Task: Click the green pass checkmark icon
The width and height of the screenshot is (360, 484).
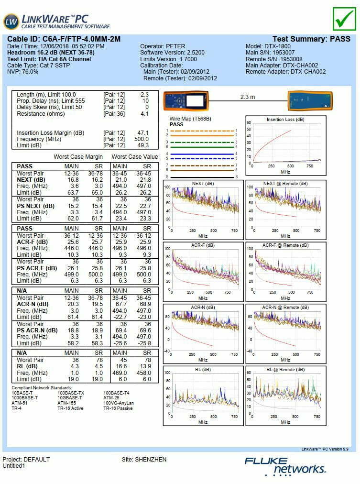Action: [x=344, y=19]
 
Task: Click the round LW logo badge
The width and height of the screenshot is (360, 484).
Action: [x=11, y=22]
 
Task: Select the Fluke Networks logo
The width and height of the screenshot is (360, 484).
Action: [x=285, y=466]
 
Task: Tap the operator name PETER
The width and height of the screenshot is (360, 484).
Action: [x=175, y=46]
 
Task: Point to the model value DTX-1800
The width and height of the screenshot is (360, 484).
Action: [x=277, y=46]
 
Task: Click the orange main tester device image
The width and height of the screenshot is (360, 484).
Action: [x=185, y=100]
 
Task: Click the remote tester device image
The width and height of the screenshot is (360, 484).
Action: [x=310, y=100]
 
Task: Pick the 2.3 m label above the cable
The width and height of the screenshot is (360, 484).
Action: [x=248, y=97]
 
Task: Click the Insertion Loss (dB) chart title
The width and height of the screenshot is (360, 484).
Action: [x=285, y=120]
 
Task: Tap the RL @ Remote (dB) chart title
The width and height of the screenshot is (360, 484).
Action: [x=285, y=370]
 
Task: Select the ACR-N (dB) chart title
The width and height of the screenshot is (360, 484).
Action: [x=203, y=308]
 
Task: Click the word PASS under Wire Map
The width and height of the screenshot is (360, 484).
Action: [x=176, y=124]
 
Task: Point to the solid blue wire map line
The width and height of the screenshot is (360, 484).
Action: [x=202, y=154]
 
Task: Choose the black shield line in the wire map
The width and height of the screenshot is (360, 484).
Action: [x=202, y=177]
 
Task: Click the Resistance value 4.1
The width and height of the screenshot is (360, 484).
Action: [x=144, y=114]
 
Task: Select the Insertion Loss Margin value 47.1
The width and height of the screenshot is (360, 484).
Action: [x=143, y=133]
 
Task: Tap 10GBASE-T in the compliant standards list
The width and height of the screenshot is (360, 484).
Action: [x=70, y=398]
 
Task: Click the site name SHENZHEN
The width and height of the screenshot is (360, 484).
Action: [x=151, y=459]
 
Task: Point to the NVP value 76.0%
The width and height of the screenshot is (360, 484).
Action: [x=30, y=72]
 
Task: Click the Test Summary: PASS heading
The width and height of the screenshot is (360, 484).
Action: [x=311, y=39]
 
